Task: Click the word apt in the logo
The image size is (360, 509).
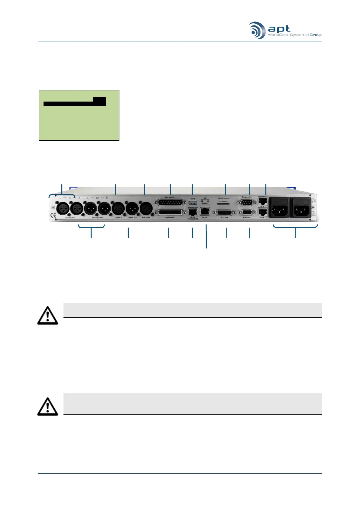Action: point(279,29)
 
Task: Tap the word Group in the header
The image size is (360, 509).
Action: point(316,35)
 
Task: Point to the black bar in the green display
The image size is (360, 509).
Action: point(75,102)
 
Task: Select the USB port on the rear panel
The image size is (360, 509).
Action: point(193,202)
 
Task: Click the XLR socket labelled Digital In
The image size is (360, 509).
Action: point(118,209)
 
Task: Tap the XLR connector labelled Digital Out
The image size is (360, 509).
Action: point(132,209)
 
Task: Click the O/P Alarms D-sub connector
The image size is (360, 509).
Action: point(170,202)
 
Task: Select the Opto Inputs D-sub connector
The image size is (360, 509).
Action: point(170,212)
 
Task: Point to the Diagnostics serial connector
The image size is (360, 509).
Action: point(247,202)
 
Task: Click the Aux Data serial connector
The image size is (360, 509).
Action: point(246,212)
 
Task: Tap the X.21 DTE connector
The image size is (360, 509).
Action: point(224,212)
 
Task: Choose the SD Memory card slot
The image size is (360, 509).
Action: point(223,204)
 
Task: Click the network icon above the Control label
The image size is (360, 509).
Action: point(205,199)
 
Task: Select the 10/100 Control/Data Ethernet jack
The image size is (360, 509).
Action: point(193,212)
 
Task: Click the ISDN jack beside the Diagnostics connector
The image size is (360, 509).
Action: point(262,201)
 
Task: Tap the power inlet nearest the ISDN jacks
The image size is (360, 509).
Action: point(279,208)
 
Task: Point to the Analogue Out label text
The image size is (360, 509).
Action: point(97,218)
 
